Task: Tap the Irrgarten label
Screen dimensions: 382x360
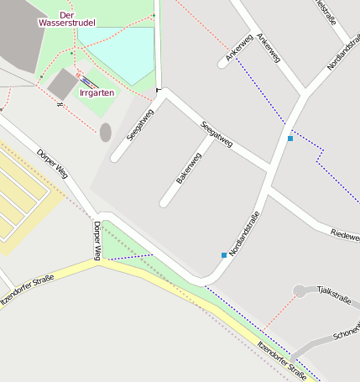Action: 96,92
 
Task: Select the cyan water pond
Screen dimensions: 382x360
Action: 121,50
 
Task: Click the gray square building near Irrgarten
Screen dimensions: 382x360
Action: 62,82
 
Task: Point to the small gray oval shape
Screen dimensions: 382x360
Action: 105,132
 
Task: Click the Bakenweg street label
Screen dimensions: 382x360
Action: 189,168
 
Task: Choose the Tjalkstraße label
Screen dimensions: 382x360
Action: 334,294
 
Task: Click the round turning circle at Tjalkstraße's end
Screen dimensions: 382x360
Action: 300,290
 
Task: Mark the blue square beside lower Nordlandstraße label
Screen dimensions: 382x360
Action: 224,254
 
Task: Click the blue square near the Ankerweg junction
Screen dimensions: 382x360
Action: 290,138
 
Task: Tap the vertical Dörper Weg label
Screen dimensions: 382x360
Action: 97,238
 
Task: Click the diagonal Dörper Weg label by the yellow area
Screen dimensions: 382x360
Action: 52,164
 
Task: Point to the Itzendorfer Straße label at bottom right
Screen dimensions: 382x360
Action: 282,359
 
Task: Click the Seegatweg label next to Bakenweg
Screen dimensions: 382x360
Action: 217,136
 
